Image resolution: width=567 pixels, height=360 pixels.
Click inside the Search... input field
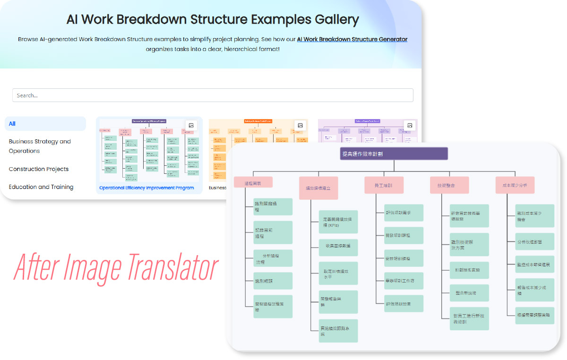(213, 95)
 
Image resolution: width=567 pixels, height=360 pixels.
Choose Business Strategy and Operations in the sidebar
(40, 146)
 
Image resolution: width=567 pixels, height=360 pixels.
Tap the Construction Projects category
(39, 169)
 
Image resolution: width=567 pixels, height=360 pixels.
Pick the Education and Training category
(41, 187)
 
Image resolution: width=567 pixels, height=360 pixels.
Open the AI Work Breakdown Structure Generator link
(352, 39)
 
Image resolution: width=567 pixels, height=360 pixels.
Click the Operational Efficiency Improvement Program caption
(146, 188)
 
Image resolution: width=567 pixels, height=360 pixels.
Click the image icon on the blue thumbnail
(191, 126)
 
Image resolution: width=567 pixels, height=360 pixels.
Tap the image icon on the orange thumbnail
(300, 126)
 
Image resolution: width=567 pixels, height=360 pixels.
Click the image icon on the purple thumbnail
(410, 126)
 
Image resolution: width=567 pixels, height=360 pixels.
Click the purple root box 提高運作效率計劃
(394, 154)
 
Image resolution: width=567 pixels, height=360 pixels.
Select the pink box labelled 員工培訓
(384, 185)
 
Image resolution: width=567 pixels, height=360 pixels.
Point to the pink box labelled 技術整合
(449, 185)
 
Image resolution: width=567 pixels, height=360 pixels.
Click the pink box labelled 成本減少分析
(515, 185)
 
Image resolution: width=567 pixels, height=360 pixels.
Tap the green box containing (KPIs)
(338, 222)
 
